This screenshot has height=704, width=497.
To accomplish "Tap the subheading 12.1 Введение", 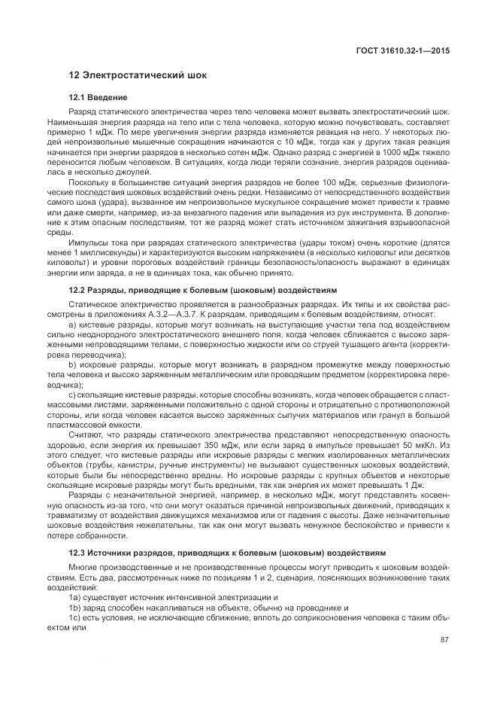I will point(98,98).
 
